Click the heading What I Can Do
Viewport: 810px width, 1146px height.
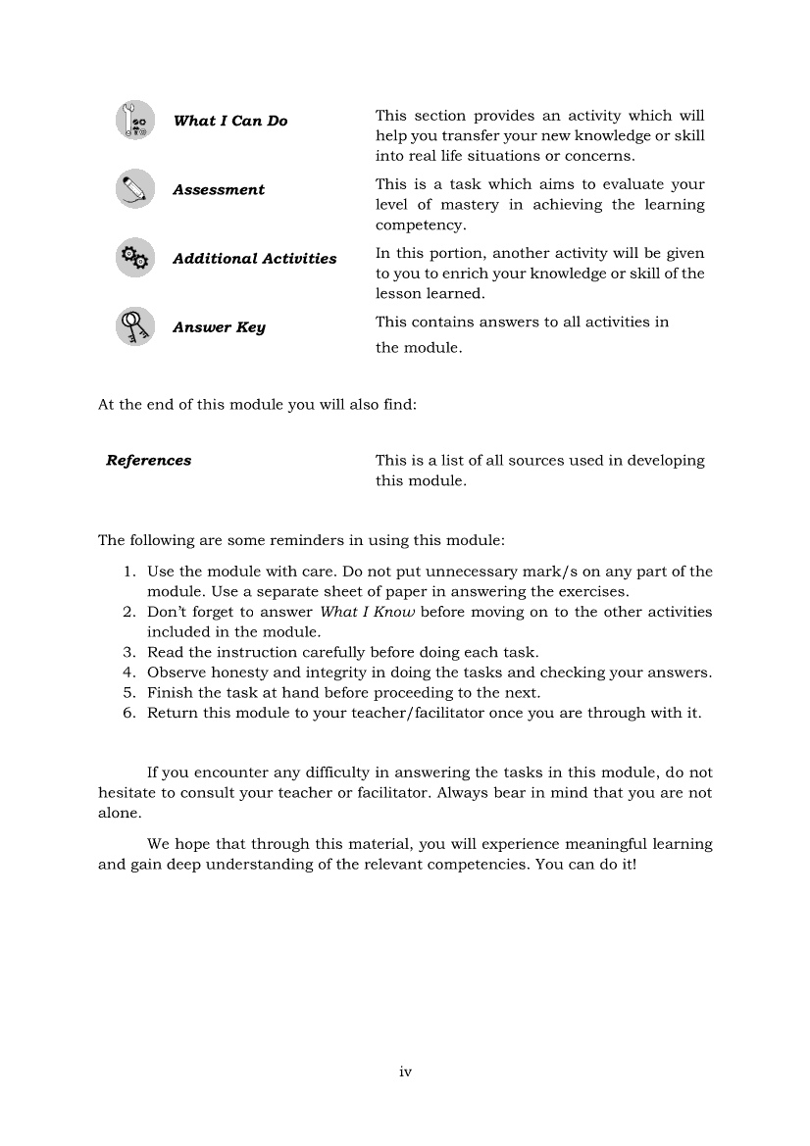pyautogui.click(x=230, y=122)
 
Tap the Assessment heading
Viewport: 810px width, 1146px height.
pyautogui.click(x=219, y=190)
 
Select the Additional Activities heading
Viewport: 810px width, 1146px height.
pyautogui.click(x=255, y=259)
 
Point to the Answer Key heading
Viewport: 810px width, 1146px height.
pyautogui.click(x=219, y=327)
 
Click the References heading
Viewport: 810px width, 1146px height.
pyautogui.click(x=149, y=461)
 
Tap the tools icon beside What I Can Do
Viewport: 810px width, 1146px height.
pyautogui.click(x=135, y=121)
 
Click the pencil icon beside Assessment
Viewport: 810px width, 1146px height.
pyautogui.click(x=135, y=188)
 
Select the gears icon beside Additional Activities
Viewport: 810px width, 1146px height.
pyautogui.click(x=135, y=258)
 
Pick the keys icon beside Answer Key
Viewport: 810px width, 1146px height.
pyautogui.click(x=135, y=326)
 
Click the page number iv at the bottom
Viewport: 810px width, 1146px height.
pyautogui.click(x=405, y=1072)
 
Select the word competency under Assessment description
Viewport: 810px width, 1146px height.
pyautogui.click(x=408, y=225)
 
